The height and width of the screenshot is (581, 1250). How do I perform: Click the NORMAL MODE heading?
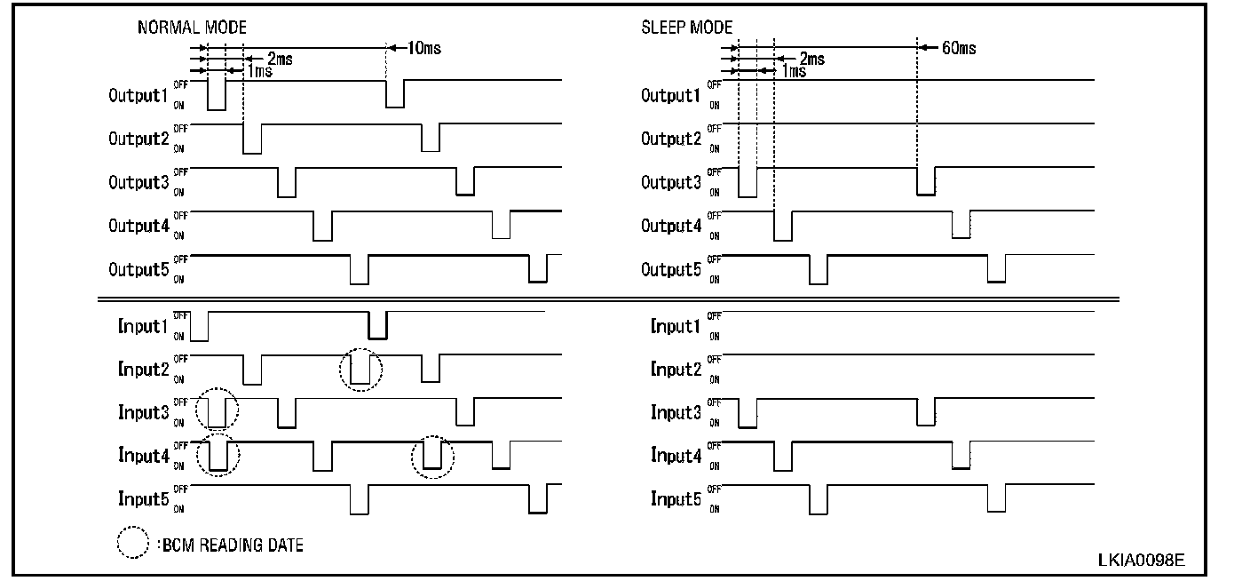(x=192, y=28)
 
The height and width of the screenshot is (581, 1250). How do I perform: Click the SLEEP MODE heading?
(x=686, y=28)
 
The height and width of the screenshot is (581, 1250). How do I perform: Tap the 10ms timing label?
(x=423, y=48)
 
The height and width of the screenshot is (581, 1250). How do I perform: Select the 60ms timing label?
(x=958, y=48)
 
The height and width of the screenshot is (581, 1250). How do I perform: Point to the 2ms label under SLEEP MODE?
(x=811, y=60)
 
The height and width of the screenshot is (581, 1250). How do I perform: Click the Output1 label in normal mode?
(x=138, y=95)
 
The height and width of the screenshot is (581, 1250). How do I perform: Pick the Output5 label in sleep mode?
(x=671, y=270)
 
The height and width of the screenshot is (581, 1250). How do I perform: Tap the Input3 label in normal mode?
(x=143, y=412)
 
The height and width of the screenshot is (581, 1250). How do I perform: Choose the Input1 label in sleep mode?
(x=676, y=327)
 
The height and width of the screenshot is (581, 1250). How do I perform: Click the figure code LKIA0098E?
(x=1140, y=560)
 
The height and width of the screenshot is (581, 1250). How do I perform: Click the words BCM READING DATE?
(x=233, y=545)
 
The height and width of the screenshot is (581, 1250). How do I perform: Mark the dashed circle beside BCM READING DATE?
(x=132, y=544)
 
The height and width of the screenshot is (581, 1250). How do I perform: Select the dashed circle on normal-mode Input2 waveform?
(x=360, y=370)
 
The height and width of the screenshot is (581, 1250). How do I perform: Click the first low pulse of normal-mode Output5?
(x=359, y=270)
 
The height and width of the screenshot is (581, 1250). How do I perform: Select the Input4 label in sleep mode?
(x=676, y=457)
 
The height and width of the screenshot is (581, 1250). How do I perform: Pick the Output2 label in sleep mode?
(x=671, y=139)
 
